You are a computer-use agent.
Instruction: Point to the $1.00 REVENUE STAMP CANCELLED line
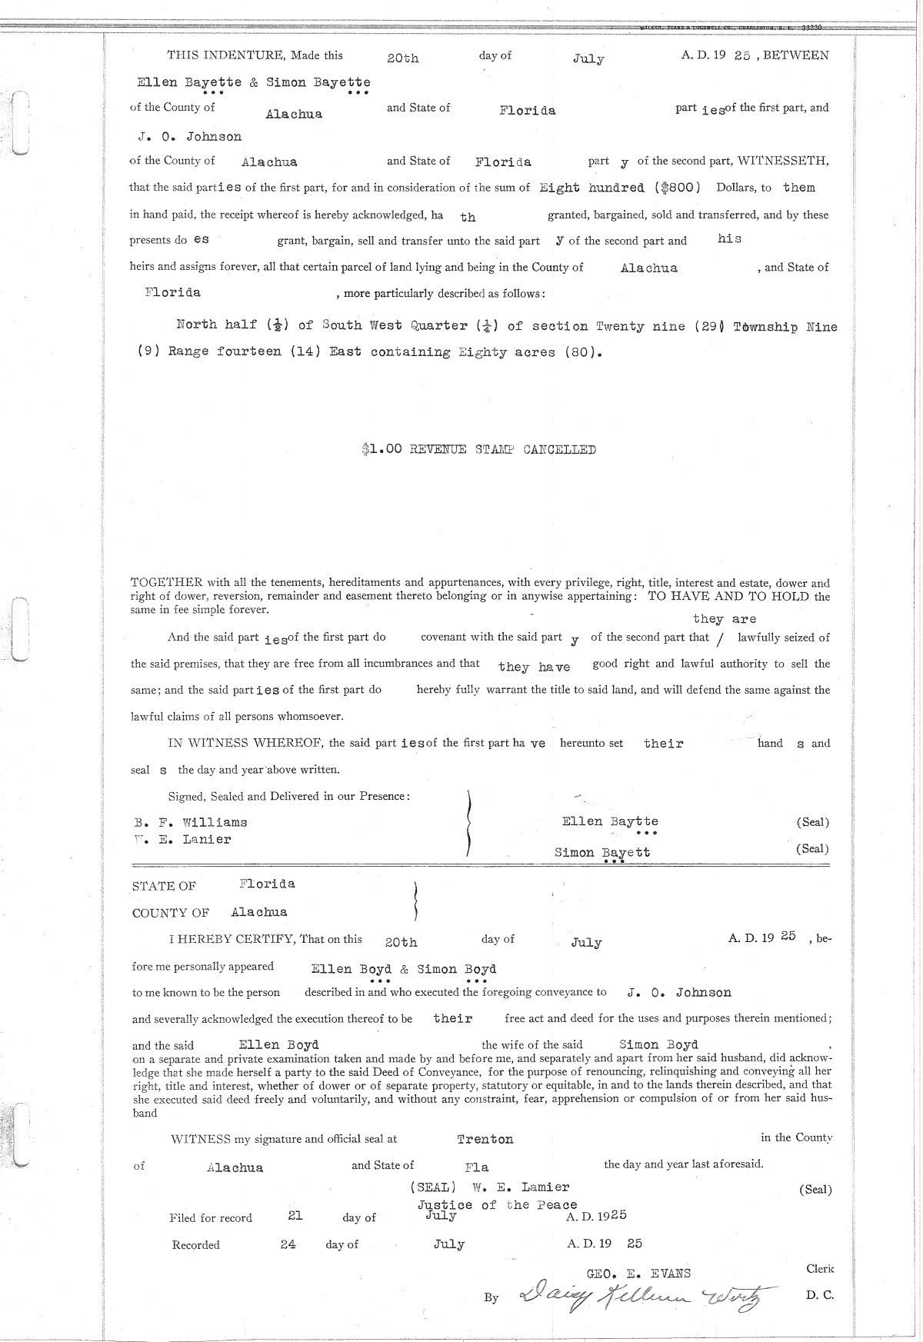(x=478, y=450)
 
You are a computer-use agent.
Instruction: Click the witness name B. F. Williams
(x=191, y=822)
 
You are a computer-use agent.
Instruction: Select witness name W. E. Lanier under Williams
(x=183, y=840)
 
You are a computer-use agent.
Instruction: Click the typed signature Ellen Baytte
(x=610, y=821)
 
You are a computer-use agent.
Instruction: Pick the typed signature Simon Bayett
(x=601, y=852)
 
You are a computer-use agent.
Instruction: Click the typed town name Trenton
(x=485, y=1139)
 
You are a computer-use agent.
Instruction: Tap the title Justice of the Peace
(x=497, y=1205)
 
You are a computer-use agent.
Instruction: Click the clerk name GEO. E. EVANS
(x=638, y=1274)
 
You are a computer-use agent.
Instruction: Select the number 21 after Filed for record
(x=295, y=1216)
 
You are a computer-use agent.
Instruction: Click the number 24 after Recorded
(x=288, y=1244)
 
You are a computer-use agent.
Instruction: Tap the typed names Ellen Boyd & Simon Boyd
(x=404, y=969)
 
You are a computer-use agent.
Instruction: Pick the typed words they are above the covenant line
(x=724, y=619)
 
